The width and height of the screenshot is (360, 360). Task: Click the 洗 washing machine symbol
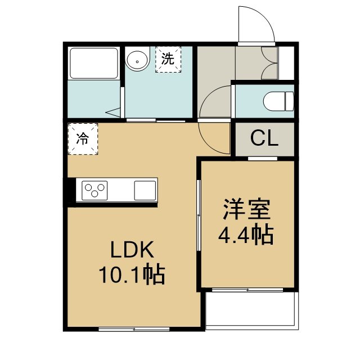(x=168, y=59)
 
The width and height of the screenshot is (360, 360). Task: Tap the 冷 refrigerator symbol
(x=83, y=139)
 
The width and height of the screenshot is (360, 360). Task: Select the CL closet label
(x=264, y=138)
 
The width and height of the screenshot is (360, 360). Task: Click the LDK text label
(x=132, y=250)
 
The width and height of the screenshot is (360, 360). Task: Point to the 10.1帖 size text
(x=132, y=275)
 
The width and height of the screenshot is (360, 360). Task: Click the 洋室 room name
(x=247, y=209)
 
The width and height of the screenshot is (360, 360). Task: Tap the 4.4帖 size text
(x=246, y=235)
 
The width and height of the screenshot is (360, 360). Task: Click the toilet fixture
(x=279, y=101)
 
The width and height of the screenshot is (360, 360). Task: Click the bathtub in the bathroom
(x=94, y=63)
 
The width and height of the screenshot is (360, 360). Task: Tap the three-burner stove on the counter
(x=94, y=191)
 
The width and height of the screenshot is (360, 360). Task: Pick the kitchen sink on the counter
(x=145, y=190)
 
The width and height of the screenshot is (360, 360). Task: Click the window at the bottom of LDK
(x=134, y=329)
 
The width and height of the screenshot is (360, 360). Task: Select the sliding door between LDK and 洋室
(x=199, y=215)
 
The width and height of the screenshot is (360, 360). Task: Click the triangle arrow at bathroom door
(x=113, y=112)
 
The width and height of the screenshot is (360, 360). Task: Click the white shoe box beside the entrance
(x=286, y=63)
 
